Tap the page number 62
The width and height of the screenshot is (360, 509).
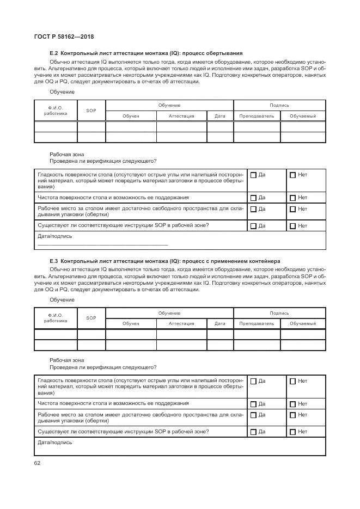(x=37, y=463)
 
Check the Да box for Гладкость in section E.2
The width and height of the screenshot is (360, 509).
(x=253, y=175)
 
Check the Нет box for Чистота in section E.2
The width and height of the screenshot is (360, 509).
(x=292, y=198)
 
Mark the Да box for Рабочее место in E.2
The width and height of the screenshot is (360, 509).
(x=253, y=209)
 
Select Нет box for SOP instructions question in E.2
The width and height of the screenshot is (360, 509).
(x=292, y=226)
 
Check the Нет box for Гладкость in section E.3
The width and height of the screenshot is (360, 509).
(x=292, y=382)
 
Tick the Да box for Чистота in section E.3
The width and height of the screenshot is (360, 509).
(x=253, y=404)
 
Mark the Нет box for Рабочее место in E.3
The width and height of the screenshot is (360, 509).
(x=292, y=415)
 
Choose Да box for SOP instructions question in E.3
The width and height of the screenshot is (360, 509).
(x=253, y=432)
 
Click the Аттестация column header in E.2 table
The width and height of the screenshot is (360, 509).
(x=181, y=116)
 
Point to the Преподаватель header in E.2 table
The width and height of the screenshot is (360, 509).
(x=257, y=116)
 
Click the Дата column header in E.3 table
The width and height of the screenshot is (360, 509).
(x=220, y=324)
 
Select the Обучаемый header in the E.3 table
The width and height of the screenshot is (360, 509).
(x=303, y=324)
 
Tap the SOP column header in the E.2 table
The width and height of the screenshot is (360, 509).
(x=91, y=111)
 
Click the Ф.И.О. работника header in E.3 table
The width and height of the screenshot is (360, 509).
(x=56, y=318)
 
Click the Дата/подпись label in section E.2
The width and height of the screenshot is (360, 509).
(x=54, y=236)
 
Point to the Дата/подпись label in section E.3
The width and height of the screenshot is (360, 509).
(x=54, y=443)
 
